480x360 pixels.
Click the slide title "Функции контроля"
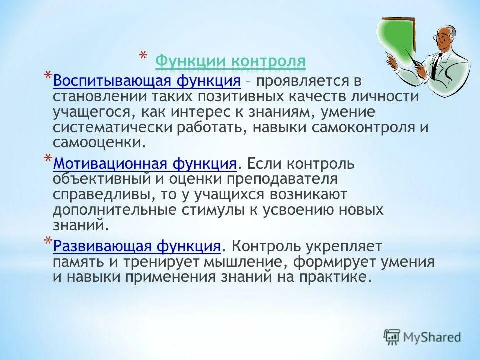(230, 62)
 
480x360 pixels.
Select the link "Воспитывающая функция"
(147, 81)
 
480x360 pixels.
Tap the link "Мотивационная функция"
(145, 163)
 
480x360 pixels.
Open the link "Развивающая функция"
(137, 246)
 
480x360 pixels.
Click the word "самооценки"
(99, 143)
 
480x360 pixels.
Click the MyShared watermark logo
(422, 337)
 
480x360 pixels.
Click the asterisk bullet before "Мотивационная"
(47, 159)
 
